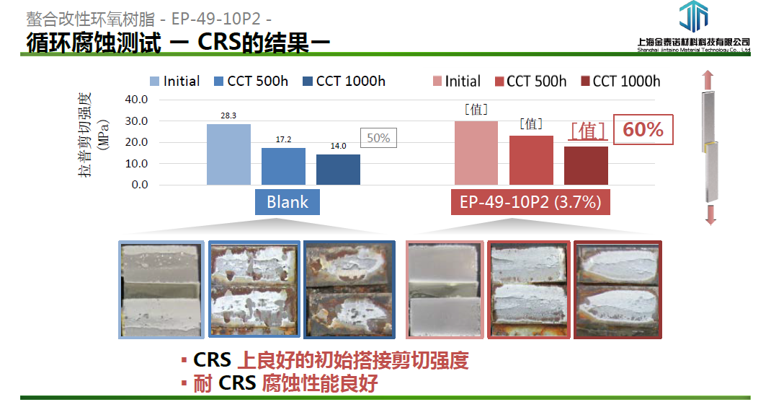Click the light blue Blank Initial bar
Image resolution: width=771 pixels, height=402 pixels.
point(228,154)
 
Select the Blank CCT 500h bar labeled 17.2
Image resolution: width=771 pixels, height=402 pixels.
point(283,166)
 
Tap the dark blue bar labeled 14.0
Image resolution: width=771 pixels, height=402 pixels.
point(338,170)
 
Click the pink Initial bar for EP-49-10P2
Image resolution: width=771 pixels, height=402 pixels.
point(476,153)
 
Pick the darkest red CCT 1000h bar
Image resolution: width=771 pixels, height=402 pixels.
point(586,165)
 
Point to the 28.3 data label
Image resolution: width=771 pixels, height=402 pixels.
point(228,115)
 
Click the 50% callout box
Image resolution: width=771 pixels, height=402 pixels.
point(378,138)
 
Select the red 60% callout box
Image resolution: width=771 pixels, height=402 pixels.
point(643,130)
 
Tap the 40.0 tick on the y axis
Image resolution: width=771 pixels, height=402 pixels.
point(136,100)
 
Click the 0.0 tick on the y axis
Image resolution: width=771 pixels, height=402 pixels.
point(140,185)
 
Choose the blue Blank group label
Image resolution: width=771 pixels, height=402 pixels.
point(288,202)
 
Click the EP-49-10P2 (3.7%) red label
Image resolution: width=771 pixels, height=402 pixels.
point(530,202)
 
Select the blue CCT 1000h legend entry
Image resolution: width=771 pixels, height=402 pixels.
point(344,82)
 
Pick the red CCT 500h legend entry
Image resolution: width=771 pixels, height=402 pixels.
point(531,82)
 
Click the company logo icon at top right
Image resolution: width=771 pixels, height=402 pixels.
point(694,17)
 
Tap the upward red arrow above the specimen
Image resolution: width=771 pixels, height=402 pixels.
point(708,80)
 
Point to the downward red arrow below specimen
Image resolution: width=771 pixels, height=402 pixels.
point(710,215)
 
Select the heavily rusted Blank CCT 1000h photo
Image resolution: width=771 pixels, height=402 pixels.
point(349,289)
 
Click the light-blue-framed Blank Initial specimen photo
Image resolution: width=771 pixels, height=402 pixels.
point(161,289)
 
